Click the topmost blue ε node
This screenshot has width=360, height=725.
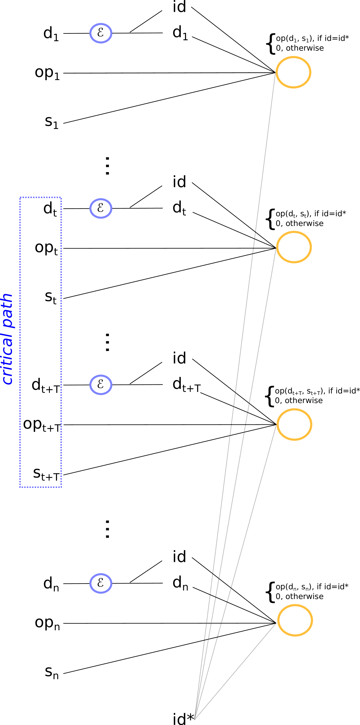coord(101,33)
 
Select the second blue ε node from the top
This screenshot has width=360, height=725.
coord(101,208)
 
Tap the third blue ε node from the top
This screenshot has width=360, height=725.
coord(101,385)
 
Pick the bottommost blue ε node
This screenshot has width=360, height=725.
coord(101,584)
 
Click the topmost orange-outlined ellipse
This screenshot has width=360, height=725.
coord(293,72)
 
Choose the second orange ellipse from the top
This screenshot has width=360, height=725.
coord(294,247)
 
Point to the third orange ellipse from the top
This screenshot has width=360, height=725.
coord(294,424)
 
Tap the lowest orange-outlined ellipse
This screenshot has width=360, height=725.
coord(295,620)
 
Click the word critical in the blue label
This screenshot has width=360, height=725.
coord(7,358)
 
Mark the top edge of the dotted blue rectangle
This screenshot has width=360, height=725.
coord(41,197)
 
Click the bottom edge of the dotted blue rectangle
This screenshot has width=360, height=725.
coord(41,487)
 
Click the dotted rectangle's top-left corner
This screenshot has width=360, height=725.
coord(20,197)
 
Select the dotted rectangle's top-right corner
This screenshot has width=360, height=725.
coord(61,197)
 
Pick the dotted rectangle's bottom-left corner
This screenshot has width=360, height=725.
coord(20,487)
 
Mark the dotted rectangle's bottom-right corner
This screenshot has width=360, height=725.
coord(61,487)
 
